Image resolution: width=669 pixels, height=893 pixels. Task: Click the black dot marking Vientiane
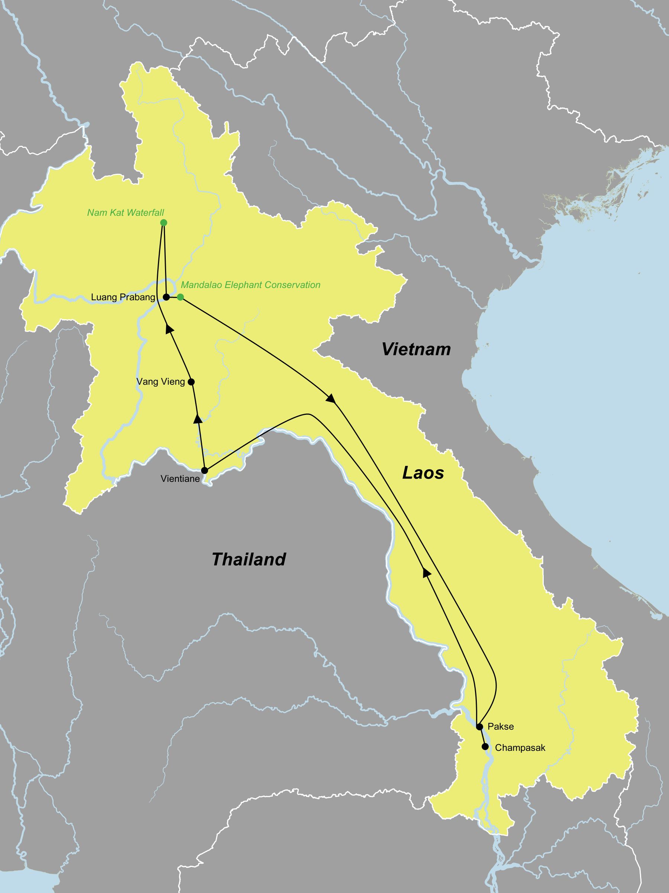click(204, 470)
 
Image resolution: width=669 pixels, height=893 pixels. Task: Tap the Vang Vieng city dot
click(191, 381)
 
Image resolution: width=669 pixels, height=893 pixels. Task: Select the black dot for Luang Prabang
click(166, 297)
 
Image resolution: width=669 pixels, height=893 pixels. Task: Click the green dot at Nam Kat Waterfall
click(163, 223)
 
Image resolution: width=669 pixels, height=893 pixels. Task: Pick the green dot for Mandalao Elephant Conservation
click(181, 297)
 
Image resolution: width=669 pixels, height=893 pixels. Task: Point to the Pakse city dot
click(479, 727)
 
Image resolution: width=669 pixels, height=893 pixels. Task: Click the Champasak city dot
click(485, 746)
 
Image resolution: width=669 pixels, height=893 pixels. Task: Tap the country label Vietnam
click(416, 349)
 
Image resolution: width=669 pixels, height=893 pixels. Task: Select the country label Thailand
click(249, 560)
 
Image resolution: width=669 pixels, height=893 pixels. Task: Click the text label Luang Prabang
click(123, 298)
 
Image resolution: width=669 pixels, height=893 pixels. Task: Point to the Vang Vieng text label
click(161, 382)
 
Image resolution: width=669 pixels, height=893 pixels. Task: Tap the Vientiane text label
click(180, 479)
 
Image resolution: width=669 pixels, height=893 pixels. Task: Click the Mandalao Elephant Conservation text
click(251, 285)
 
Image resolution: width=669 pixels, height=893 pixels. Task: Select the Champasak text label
click(520, 748)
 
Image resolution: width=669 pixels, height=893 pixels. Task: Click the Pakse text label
click(500, 727)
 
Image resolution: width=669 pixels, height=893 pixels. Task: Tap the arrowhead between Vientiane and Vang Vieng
click(198, 419)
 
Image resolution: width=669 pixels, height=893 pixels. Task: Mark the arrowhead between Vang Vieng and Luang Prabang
click(170, 329)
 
